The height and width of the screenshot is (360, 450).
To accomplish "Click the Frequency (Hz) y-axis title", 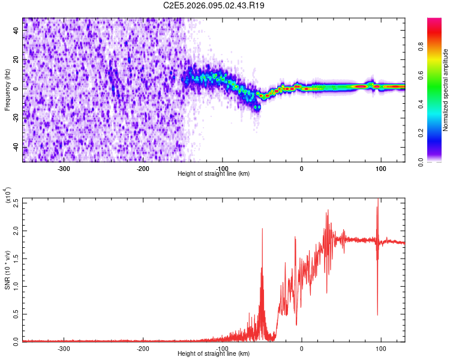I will pyautogui.click(x=8, y=90).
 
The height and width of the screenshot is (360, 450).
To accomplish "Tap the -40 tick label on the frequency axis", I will pyautogui.click(x=16, y=147).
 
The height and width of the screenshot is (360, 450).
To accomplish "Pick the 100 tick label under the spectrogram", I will pyautogui.click(x=380, y=169).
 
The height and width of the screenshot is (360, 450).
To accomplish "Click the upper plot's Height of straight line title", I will pyautogui.click(x=214, y=173).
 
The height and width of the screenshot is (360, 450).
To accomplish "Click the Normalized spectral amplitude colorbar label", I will pyautogui.click(x=446, y=90).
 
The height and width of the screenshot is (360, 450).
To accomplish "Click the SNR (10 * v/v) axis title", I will pyautogui.click(x=8, y=270).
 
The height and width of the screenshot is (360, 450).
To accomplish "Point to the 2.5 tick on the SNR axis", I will pyautogui.click(x=16, y=203).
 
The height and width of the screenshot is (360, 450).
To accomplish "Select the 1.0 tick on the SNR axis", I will pyautogui.click(x=16, y=286).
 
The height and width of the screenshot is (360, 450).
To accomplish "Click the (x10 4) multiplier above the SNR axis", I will pyautogui.click(x=8, y=196).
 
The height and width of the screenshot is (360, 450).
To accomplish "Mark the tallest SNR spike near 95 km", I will pyautogui.click(x=377, y=201).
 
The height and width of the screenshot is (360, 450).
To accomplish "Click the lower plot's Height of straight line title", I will pyautogui.click(x=214, y=353).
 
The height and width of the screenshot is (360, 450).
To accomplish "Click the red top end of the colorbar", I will pyautogui.click(x=434, y=22).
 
